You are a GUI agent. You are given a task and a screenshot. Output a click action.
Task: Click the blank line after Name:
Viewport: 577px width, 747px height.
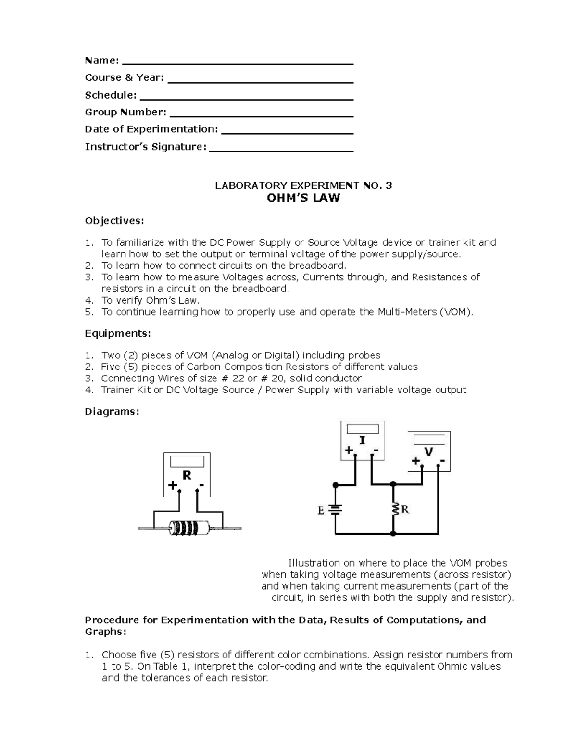pyautogui.click(x=238, y=63)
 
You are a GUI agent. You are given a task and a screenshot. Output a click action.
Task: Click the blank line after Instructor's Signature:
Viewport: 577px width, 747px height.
pyautogui.click(x=281, y=150)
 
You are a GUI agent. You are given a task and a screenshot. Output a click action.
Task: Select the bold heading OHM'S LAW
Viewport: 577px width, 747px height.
pyautogui.click(x=303, y=198)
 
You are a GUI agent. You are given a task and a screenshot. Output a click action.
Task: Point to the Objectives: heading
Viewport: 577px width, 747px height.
pyautogui.click(x=114, y=221)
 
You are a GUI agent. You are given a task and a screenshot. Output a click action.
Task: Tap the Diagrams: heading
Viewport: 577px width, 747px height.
pyautogui.click(x=112, y=412)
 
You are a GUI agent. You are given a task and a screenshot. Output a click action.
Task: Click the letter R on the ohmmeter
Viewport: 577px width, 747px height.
pyautogui.click(x=187, y=475)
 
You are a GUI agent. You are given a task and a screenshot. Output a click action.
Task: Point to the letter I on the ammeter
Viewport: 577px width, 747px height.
pyautogui.click(x=362, y=440)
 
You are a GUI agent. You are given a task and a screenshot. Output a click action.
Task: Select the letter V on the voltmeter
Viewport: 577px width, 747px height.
pyautogui.click(x=428, y=452)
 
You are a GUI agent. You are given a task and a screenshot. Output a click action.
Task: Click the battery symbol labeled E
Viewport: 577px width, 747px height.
pyautogui.click(x=335, y=510)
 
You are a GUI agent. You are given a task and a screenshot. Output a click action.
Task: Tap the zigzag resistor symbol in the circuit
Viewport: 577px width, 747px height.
pyautogui.click(x=394, y=509)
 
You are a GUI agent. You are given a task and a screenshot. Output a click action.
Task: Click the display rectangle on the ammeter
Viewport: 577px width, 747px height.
pyautogui.click(x=362, y=429)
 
